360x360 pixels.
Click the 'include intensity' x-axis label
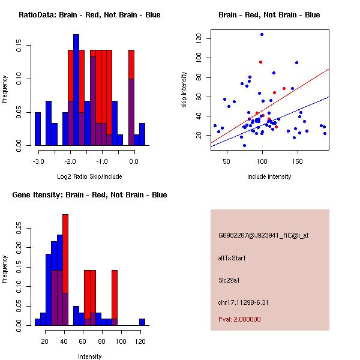point(269,176)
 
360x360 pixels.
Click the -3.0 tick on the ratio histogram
point(38,161)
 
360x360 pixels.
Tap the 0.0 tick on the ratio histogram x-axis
point(134,161)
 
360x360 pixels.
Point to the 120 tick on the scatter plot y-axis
point(198,38)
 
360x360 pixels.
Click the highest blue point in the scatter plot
point(262,34)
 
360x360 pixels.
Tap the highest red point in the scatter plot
point(260,62)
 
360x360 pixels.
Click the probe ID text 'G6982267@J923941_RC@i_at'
point(263,236)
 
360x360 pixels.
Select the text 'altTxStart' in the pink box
point(232,258)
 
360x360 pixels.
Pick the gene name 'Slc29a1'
point(230,280)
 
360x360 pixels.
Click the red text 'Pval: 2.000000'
point(239,319)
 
